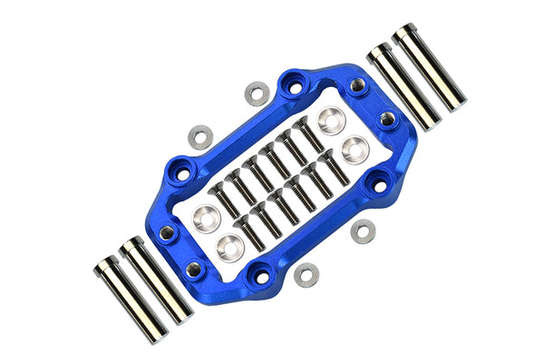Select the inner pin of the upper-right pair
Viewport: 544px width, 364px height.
[x=402, y=87]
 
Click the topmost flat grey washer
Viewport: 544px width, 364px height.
[x=257, y=93]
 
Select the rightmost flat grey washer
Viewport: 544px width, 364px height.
[x=363, y=231]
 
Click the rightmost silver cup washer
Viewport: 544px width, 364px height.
[x=355, y=148]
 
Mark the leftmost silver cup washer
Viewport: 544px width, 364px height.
[x=205, y=216]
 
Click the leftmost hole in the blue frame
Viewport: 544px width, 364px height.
[x=167, y=232]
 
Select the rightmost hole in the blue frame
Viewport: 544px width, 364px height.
[x=389, y=119]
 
